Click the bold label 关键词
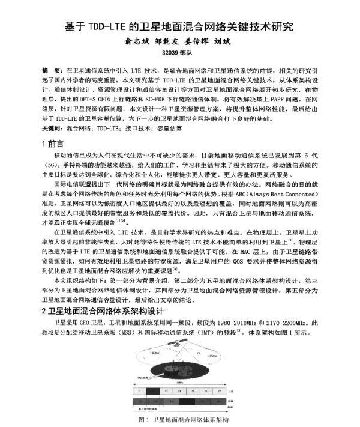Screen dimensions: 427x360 coord(52,129)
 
